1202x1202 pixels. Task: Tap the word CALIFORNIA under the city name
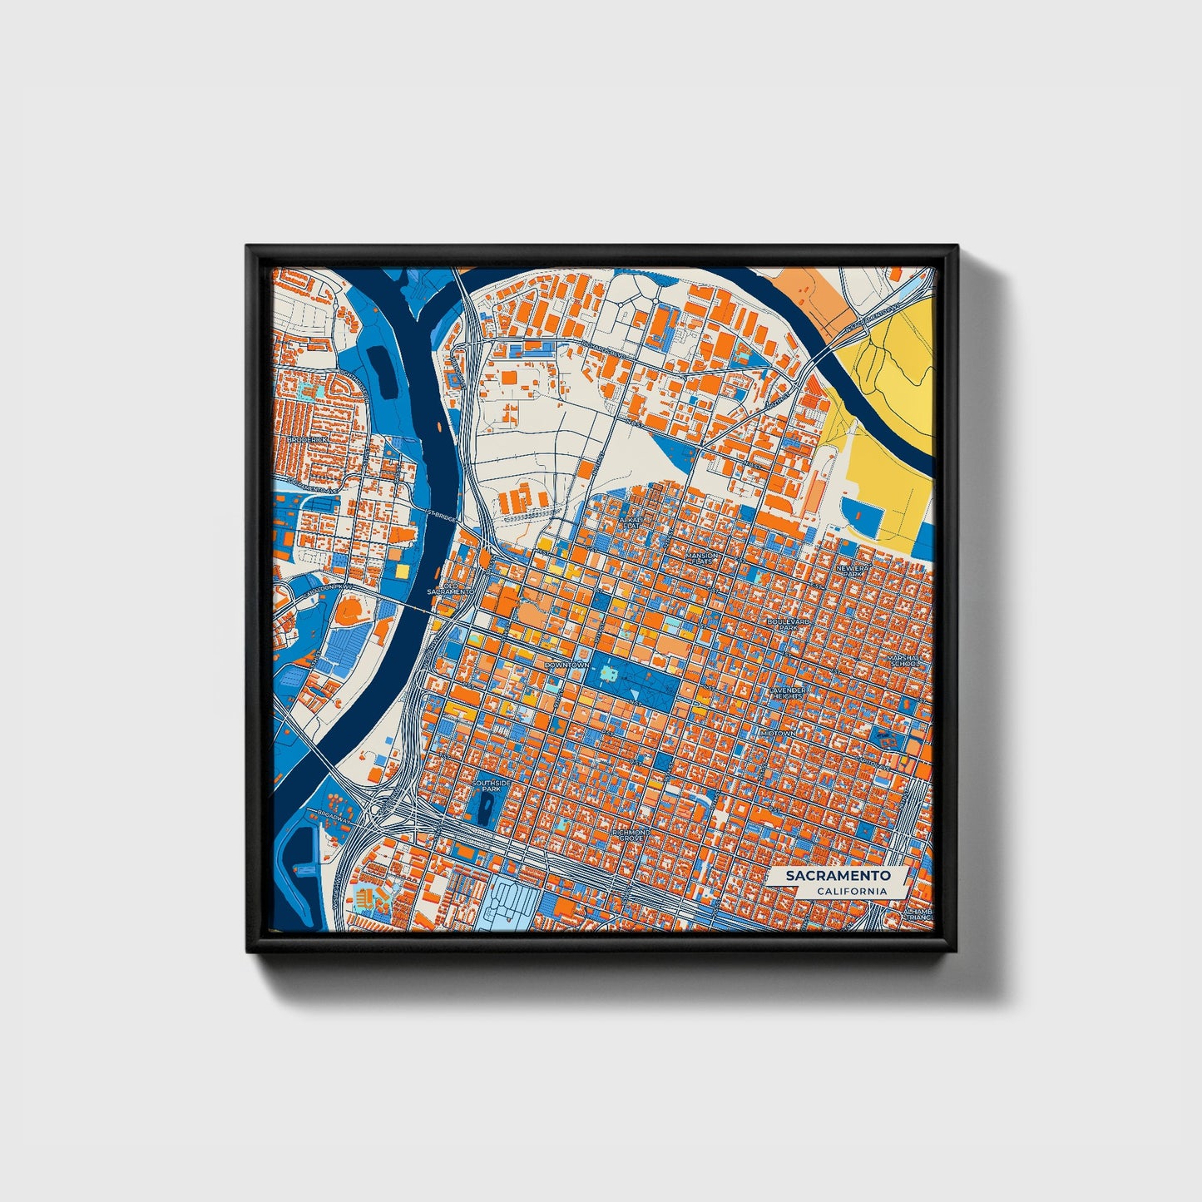tap(851, 892)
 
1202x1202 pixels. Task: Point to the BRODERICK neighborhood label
tap(307, 439)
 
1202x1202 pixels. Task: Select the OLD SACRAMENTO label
tap(449, 587)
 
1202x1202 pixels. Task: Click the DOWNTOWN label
tap(566, 665)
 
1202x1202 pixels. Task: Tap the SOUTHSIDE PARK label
tap(487, 785)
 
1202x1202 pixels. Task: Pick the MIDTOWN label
tap(778, 733)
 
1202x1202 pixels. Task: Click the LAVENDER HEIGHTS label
tap(786, 693)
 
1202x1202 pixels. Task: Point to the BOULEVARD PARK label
tap(788, 624)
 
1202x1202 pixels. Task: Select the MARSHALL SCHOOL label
tap(903, 661)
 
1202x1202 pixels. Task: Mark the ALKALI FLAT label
tap(632, 522)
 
